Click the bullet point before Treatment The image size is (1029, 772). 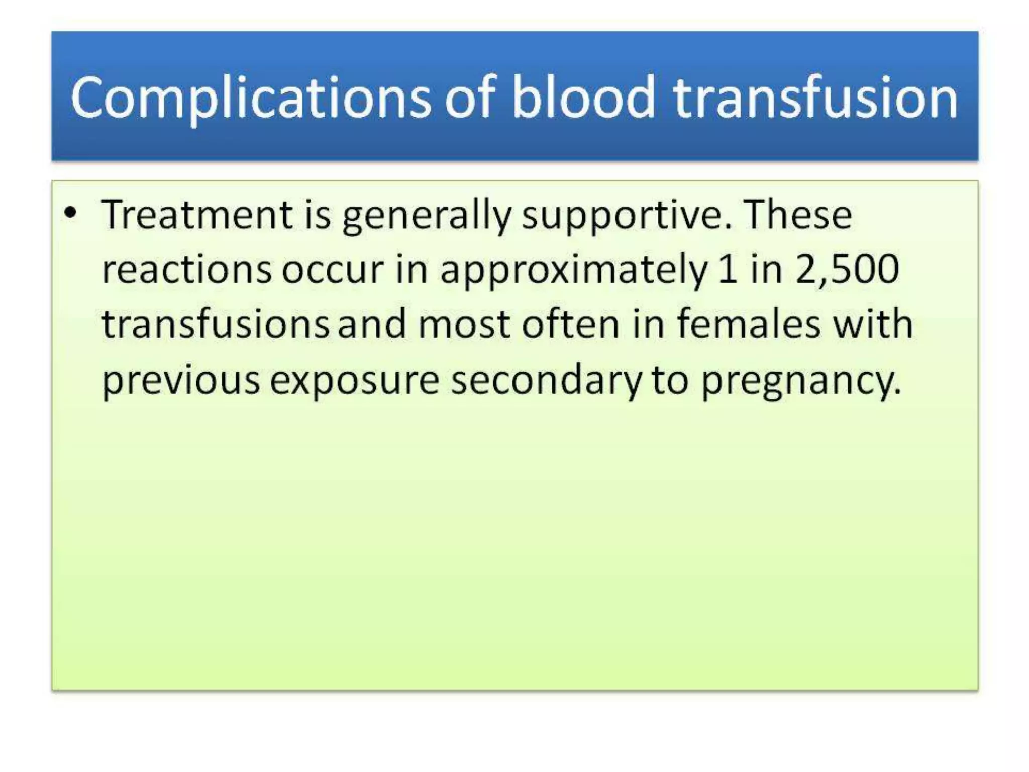pyautogui.click(x=71, y=213)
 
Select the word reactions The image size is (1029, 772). pyautogui.click(x=186, y=270)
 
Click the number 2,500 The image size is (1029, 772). pyautogui.click(x=847, y=270)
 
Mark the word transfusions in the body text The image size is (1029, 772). pyautogui.click(x=215, y=324)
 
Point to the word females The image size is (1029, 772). pyautogui.click(x=749, y=324)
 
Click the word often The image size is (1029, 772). pyautogui.click(x=570, y=324)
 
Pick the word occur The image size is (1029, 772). pyautogui.click(x=332, y=270)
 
